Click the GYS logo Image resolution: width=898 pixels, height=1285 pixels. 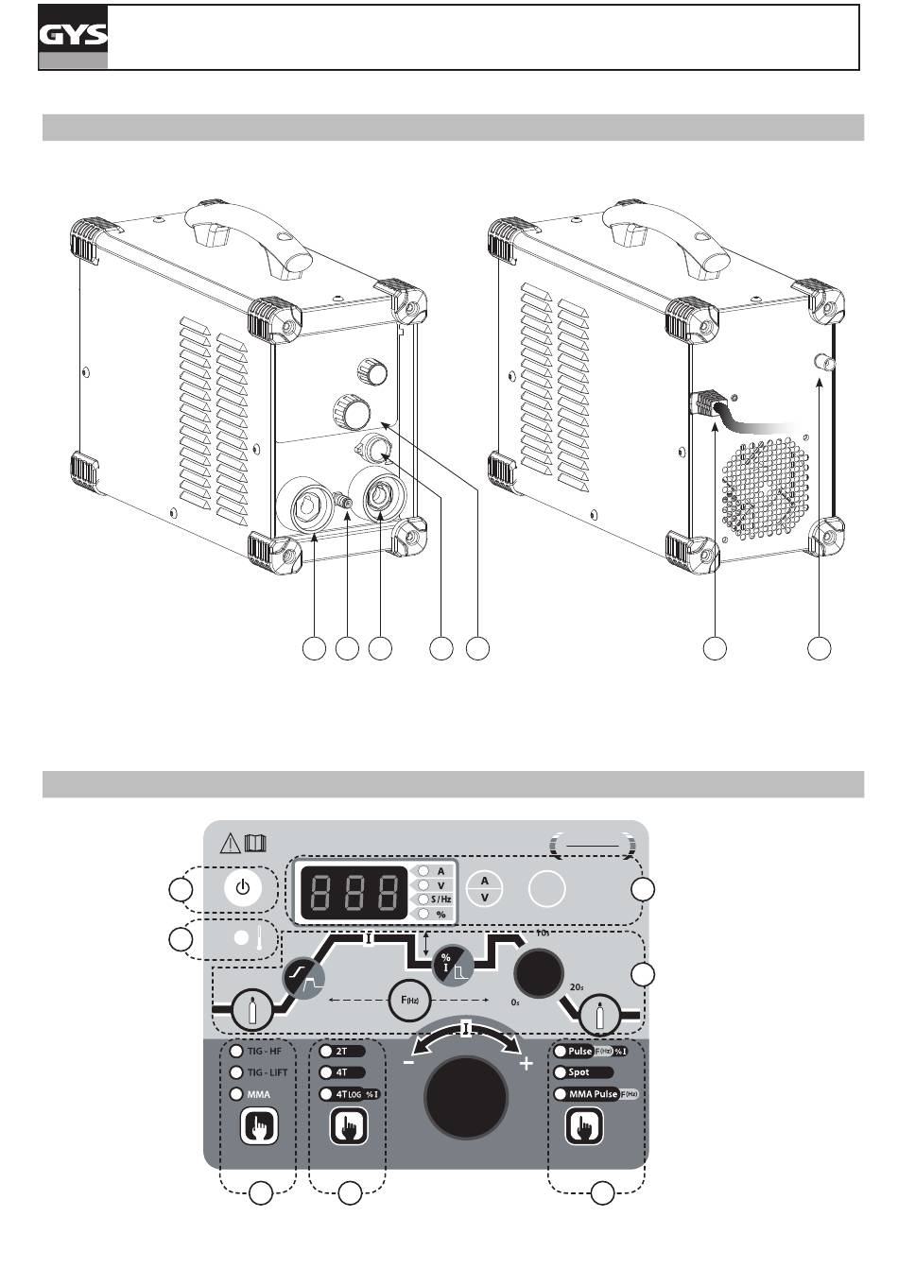click(73, 37)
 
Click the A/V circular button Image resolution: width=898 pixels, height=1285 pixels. click(485, 889)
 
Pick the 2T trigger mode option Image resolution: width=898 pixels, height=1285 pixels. click(341, 1051)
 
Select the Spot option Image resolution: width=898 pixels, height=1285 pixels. click(579, 1072)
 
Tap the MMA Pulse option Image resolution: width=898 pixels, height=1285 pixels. click(593, 1094)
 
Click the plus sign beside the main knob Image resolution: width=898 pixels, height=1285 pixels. click(527, 1064)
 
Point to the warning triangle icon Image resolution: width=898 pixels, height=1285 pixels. click(230, 843)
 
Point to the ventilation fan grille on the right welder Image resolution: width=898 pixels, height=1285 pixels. click(766, 487)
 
